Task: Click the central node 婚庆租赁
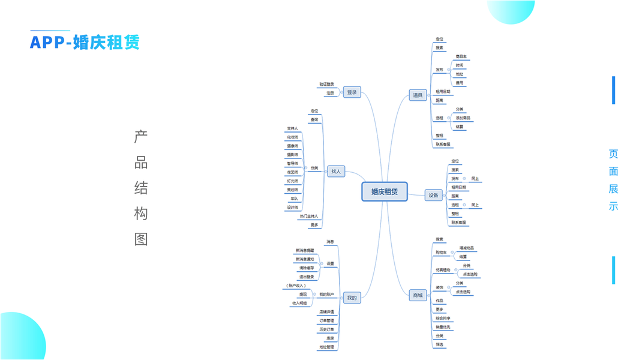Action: click(x=385, y=192)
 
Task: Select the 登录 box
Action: click(x=352, y=92)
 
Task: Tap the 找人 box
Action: click(x=336, y=172)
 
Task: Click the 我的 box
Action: click(x=352, y=298)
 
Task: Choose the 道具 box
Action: click(x=418, y=95)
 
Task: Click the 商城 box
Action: click(x=418, y=295)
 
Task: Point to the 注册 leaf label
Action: click(x=330, y=93)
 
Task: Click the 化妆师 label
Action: click(x=292, y=137)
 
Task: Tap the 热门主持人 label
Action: click(x=309, y=216)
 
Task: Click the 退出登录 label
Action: click(x=306, y=277)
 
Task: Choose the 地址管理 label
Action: click(x=326, y=347)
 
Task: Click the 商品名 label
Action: click(x=461, y=56)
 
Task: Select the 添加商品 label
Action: click(x=463, y=118)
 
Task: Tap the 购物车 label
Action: click(x=441, y=252)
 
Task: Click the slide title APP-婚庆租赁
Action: click(x=85, y=43)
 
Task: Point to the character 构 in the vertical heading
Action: click(x=141, y=214)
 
